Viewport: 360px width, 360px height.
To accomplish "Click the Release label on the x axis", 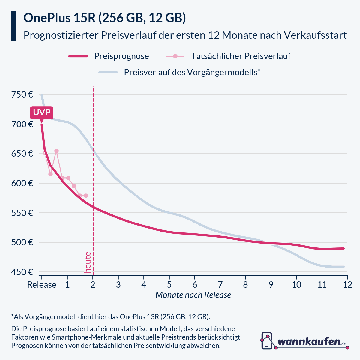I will click(42, 285).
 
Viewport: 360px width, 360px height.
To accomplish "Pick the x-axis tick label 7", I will click(220, 285).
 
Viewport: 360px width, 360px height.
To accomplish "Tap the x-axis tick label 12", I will click(347, 285).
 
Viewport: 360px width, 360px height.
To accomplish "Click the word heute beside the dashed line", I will click(88, 262).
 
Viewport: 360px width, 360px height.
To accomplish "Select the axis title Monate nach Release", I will click(193, 295).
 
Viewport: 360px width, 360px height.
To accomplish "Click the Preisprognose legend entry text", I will click(121, 56).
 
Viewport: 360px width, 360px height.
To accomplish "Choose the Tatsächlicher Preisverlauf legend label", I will click(241, 56).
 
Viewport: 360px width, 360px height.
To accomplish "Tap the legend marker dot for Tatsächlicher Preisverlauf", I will click(176, 56).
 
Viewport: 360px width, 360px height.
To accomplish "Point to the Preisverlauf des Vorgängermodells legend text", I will click(192, 73).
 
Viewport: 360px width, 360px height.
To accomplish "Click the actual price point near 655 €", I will click(56, 151).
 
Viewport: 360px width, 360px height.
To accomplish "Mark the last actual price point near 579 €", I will click(86, 196).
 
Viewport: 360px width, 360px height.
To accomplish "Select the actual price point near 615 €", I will click(50, 174).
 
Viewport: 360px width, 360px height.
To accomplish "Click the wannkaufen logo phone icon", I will click(267, 341).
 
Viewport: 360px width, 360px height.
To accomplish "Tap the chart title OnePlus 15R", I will click(60, 18).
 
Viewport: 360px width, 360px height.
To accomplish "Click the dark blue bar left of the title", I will click(13, 26).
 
